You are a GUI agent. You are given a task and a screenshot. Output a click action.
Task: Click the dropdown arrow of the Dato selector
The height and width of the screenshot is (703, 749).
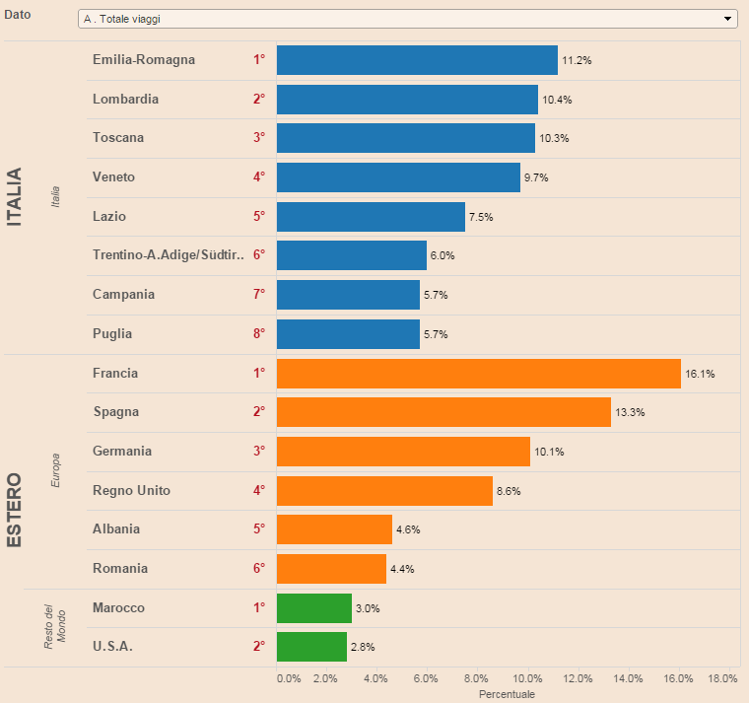click(x=728, y=19)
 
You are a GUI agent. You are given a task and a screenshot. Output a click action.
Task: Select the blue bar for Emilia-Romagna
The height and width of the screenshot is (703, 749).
click(x=417, y=60)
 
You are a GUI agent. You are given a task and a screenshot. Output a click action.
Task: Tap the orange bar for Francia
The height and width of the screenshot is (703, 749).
click(x=479, y=374)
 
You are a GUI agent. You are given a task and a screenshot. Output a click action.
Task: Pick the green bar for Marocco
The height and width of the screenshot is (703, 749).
click(x=314, y=608)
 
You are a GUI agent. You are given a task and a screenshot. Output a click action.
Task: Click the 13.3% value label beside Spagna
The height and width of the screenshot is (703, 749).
click(x=630, y=413)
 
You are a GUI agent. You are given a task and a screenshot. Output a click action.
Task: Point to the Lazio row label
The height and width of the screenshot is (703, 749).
click(x=109, y=216)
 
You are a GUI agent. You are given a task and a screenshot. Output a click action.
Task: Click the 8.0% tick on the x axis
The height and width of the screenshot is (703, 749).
click(x=476, y=678)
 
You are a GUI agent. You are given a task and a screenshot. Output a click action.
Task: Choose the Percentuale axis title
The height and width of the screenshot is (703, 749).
click(x=507, y=695)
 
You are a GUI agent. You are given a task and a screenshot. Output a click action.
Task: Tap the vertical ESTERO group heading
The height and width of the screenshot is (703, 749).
click(x=15, y=511)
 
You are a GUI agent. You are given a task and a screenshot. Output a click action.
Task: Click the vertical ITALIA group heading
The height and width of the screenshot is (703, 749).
click(x=15, y=197)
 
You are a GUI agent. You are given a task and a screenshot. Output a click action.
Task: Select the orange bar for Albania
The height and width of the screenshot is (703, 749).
click(x=334, y=529)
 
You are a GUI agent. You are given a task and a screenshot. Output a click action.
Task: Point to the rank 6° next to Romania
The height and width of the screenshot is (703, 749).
click(x=259, y=568)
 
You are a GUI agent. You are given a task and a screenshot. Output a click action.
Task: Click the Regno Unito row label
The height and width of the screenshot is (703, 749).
click(x=131, y=490)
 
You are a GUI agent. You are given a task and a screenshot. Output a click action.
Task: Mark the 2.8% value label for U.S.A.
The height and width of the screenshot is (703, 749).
click(x=363, y=648)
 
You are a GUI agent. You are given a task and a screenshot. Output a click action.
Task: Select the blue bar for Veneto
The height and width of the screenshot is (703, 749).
click(x=398, y=177)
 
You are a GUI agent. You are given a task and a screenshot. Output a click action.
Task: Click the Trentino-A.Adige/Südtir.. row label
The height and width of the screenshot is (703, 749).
click(x=168, y=255)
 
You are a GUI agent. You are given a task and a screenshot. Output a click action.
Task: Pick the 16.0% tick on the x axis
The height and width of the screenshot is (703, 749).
click(x=677, y=678)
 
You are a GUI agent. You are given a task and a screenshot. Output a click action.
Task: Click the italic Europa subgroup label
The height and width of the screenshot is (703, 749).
click(x=56, y=471)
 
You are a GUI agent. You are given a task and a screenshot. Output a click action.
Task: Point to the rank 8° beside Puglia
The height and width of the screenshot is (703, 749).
click(x=259, y=333)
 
